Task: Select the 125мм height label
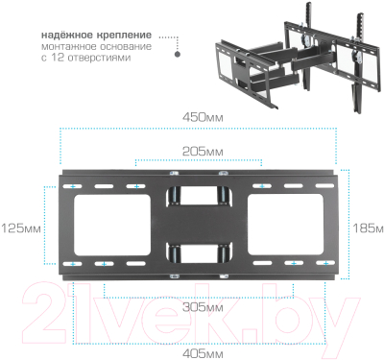click(x=21, y=228)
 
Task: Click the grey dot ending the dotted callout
click(x=176, y=55)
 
